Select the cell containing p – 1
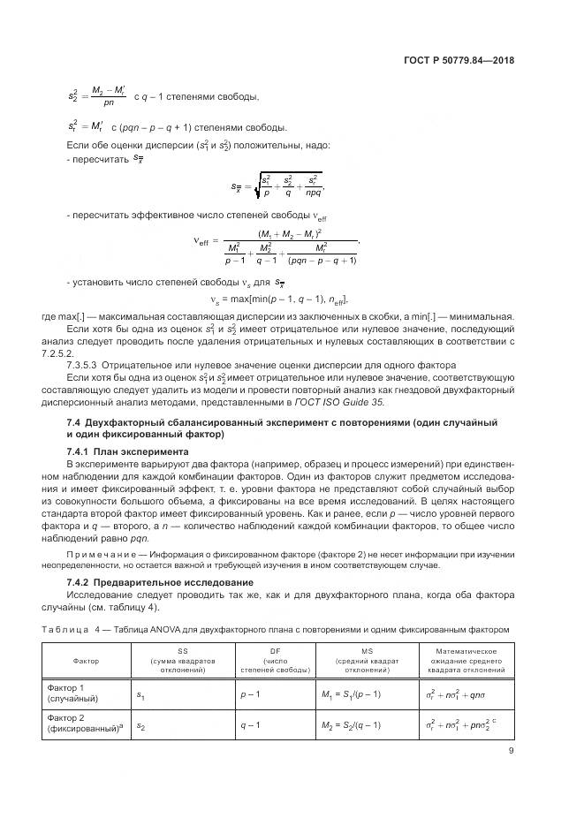pos(250,694)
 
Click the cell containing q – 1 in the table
pos(250,725)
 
